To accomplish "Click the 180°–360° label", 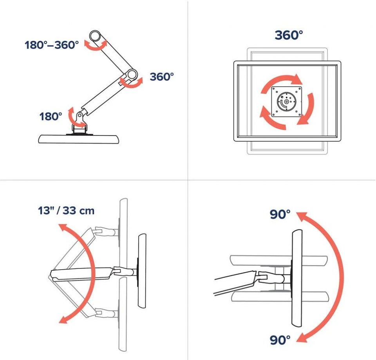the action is pyautogui.click(x=52, y=45).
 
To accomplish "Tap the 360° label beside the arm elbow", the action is pyautogui.click(x=162, y=77).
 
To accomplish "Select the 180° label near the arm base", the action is pyautogui.click(x=51, y=117).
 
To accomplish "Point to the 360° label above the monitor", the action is pyautogui.click(x=289, y=35).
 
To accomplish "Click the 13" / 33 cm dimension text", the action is pyautogui.click(x=66, y=211).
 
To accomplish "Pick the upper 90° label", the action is pyautogui.click(x=280, y=214).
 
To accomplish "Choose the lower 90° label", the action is pyautogui.click(x=280, y=340).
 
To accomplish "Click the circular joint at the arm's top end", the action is pyautogui.click(x=95, y=36).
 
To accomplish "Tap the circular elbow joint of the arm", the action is pyautogui.click(x=132, y=74).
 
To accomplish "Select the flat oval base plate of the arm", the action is pyautogui.click(x=78, y=139).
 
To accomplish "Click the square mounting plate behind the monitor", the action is pyautogui.click(x=286, y=102).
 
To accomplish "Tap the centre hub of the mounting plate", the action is pyautogui.click(x=286, y=102).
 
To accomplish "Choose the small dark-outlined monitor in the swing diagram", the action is pyautogui.click(x=142, y=271).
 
